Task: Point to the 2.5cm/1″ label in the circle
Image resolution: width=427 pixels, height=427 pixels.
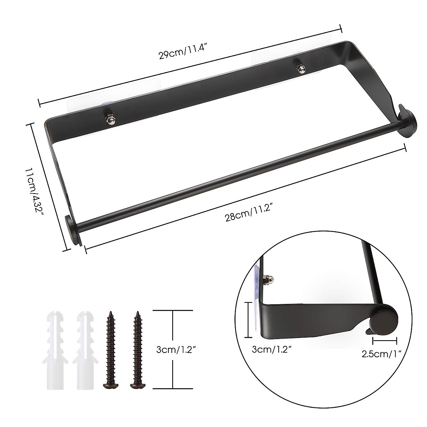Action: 381,354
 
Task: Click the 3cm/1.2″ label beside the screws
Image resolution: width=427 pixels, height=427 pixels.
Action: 177,349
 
